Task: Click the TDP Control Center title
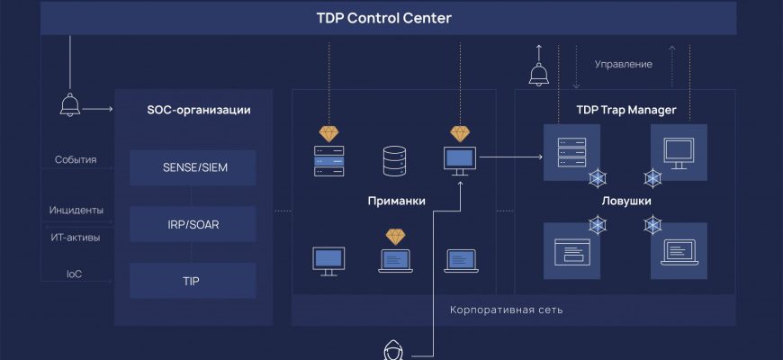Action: (x=383, y=18)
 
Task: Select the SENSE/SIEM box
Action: (x=192, y=167)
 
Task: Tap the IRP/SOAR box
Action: (x=192, y=224)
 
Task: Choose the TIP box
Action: (x=192, y=281)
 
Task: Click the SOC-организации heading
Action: (x=198, y=111)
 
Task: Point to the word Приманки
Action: (x=396, y=201)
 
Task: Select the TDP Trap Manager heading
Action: (x=625, y=111)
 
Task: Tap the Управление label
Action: (x=624, y=65)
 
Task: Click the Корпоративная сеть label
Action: (x=507, y=310)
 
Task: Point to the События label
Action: (x=75, y=160)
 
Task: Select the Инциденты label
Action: (x=76, y=211)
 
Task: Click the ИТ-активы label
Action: (x=76, y=238)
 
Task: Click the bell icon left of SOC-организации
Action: (x=70, y=104)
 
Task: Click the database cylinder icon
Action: (x=394, y=162)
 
